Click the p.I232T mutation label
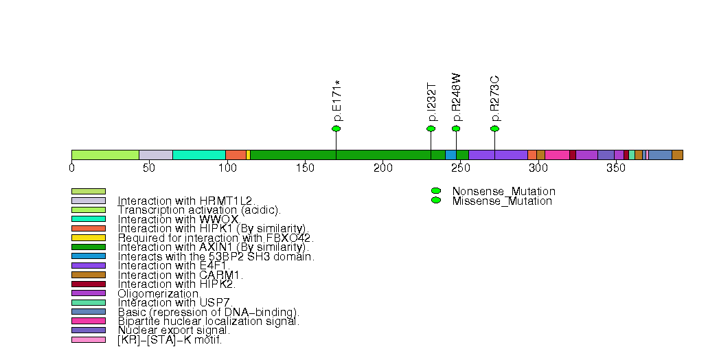(x=431, y=102)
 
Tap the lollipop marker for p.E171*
(x=336, y=128)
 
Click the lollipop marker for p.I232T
(x=431, y=128)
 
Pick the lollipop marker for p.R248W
(x=456, y=128)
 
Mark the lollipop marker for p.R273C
(x=494, y=128)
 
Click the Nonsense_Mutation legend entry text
(x=503, y=191)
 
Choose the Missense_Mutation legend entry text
(x=502, y=201)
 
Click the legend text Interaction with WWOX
(x=178, y=219)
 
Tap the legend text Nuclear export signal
(x=174, y=330)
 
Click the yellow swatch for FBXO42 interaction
(x=89, y=238)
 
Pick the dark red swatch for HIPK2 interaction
(x=89, y=284)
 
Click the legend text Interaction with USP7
(x=175, y=302)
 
